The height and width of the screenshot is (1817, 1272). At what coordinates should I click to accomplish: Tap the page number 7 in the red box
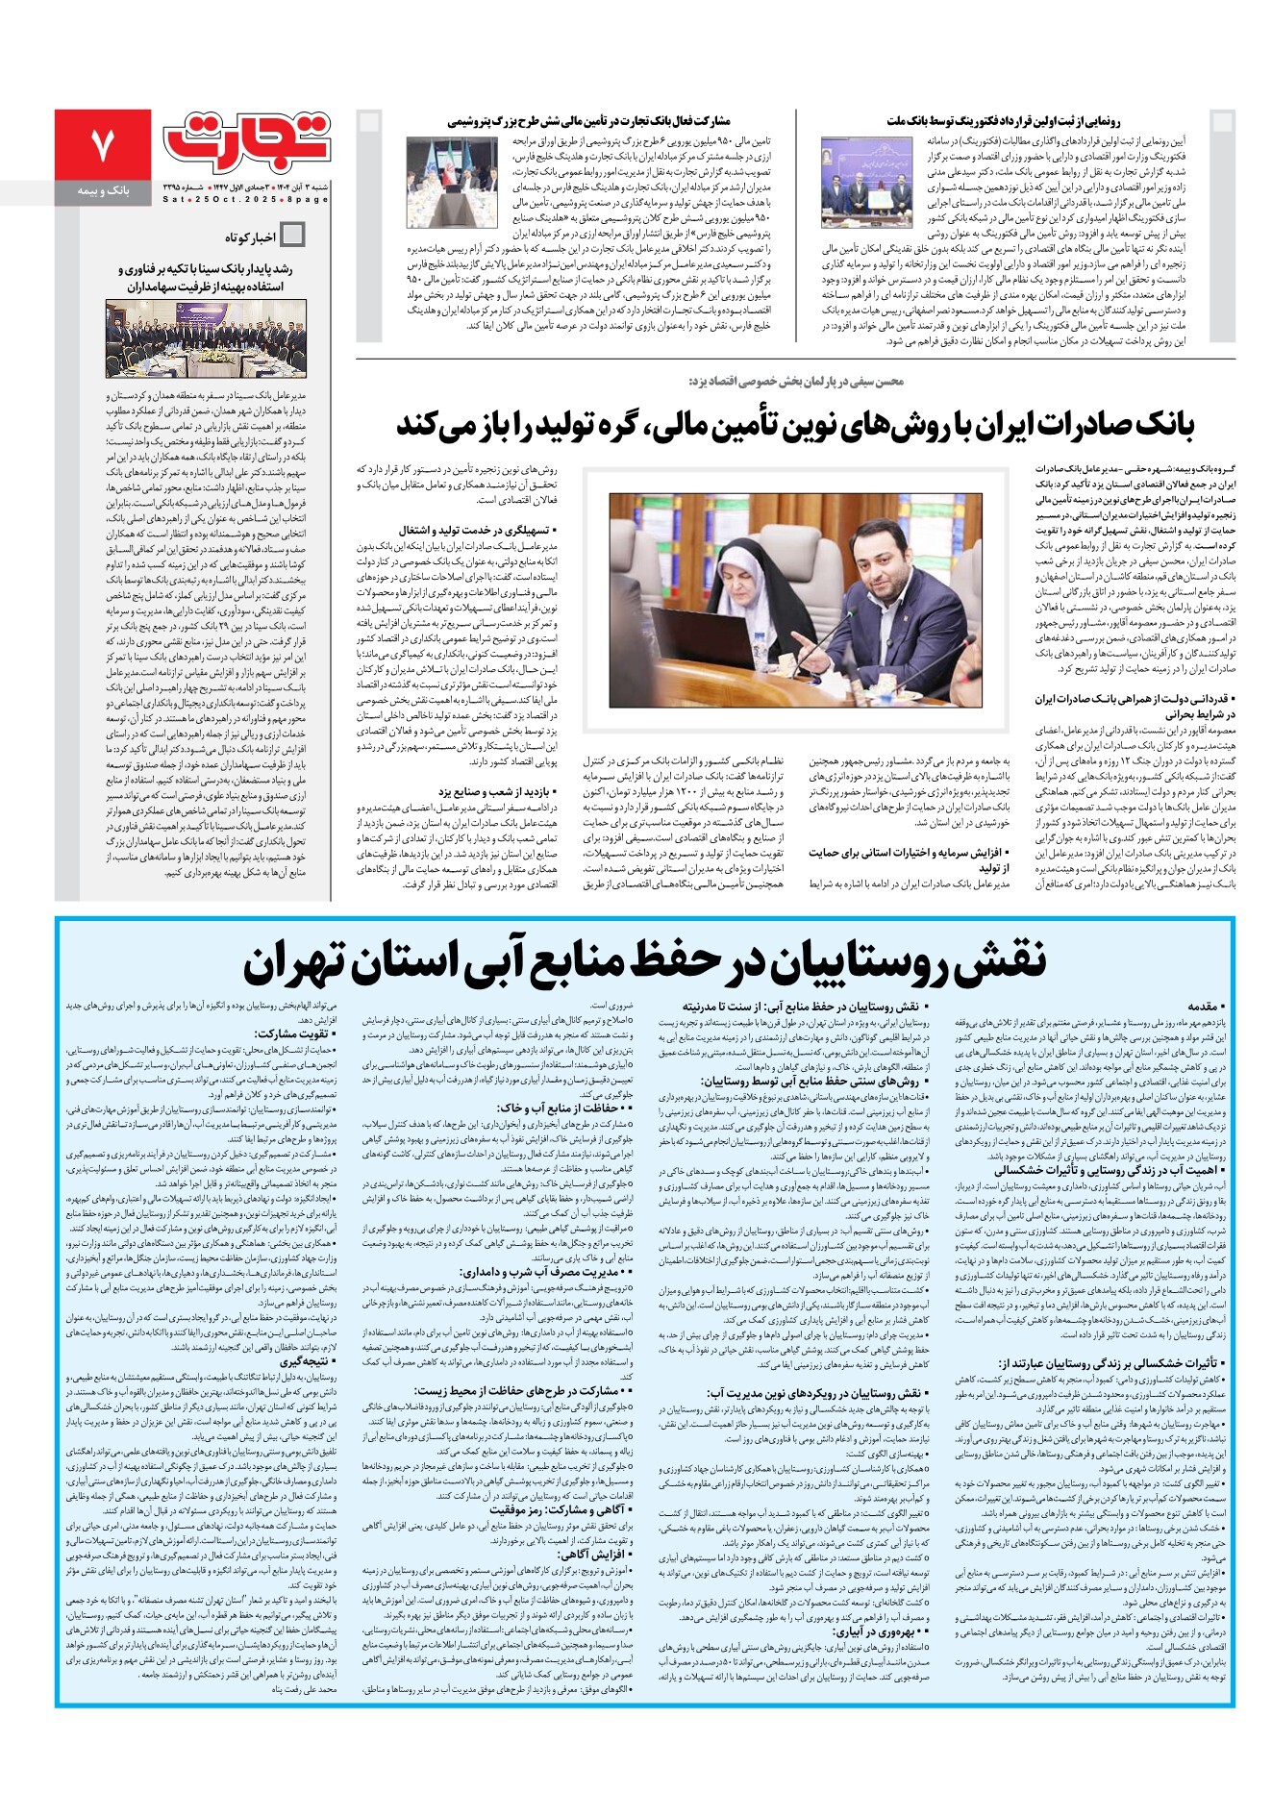pos(102,144)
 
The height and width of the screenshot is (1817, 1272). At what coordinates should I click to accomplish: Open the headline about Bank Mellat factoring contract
pos(1004,121)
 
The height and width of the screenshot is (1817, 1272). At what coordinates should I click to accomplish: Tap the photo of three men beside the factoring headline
pos(865,182)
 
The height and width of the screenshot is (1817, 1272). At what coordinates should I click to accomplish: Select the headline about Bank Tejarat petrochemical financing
pos(588,121)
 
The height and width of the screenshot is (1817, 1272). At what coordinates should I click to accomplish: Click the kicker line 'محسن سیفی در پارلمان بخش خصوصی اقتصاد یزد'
pos(796,382)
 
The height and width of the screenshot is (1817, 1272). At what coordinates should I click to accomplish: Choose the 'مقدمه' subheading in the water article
pos(1203,1007)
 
